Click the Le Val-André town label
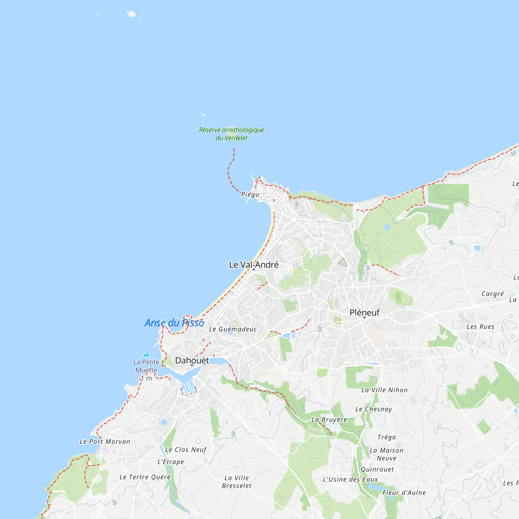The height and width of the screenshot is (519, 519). [254, 265]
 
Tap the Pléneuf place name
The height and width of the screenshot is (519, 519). [364, 312]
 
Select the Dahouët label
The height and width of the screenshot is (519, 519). [192, 360]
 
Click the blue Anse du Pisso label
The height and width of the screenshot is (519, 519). [174, 323]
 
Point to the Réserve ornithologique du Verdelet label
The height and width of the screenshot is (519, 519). [231, 134]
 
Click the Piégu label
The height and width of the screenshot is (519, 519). [250, 194]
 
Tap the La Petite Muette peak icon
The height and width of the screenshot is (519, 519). [146, 354]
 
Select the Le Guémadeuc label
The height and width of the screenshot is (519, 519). [233, 329]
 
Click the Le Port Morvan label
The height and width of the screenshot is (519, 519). [105, 442]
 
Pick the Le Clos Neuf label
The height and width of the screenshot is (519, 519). [186, 450]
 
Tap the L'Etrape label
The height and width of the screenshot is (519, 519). [170, 462]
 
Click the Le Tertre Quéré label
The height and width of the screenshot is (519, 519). [145, 477]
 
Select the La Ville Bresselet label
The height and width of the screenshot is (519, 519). [237, 482]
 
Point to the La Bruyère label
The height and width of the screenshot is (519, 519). [329, 420]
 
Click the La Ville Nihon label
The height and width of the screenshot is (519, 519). [384, 390]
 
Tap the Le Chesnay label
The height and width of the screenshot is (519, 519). [374, 409]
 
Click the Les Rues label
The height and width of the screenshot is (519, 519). [480, 327]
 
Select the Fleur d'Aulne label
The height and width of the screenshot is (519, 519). [404, 493]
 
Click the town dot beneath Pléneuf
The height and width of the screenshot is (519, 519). [364, 318]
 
